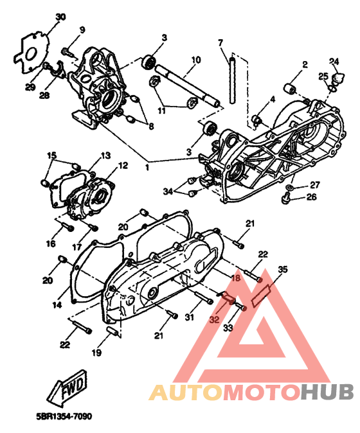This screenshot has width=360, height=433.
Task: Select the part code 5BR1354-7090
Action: click(64, 416)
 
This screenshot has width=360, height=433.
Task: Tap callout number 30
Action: click(60, 17)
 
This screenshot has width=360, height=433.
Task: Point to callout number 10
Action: click(195, 60)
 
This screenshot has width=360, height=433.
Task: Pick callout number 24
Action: click(334, 61)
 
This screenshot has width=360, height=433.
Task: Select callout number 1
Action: click(147, 167)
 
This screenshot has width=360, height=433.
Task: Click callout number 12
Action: click(123, 165)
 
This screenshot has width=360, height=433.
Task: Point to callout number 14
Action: click(57, 305)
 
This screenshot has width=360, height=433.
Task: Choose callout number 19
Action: click(96, 352)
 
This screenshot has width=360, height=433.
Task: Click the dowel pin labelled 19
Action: click(113, 331)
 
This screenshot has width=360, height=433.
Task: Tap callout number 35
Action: click(283, 270)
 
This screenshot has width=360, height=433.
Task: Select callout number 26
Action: click(311, 197)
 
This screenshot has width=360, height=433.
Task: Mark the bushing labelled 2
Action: click(290, 89)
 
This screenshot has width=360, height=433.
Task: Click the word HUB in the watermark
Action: click(327, 392)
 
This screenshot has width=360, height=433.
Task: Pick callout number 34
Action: click(168, 191)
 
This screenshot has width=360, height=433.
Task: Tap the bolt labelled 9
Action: click(67, 51)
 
